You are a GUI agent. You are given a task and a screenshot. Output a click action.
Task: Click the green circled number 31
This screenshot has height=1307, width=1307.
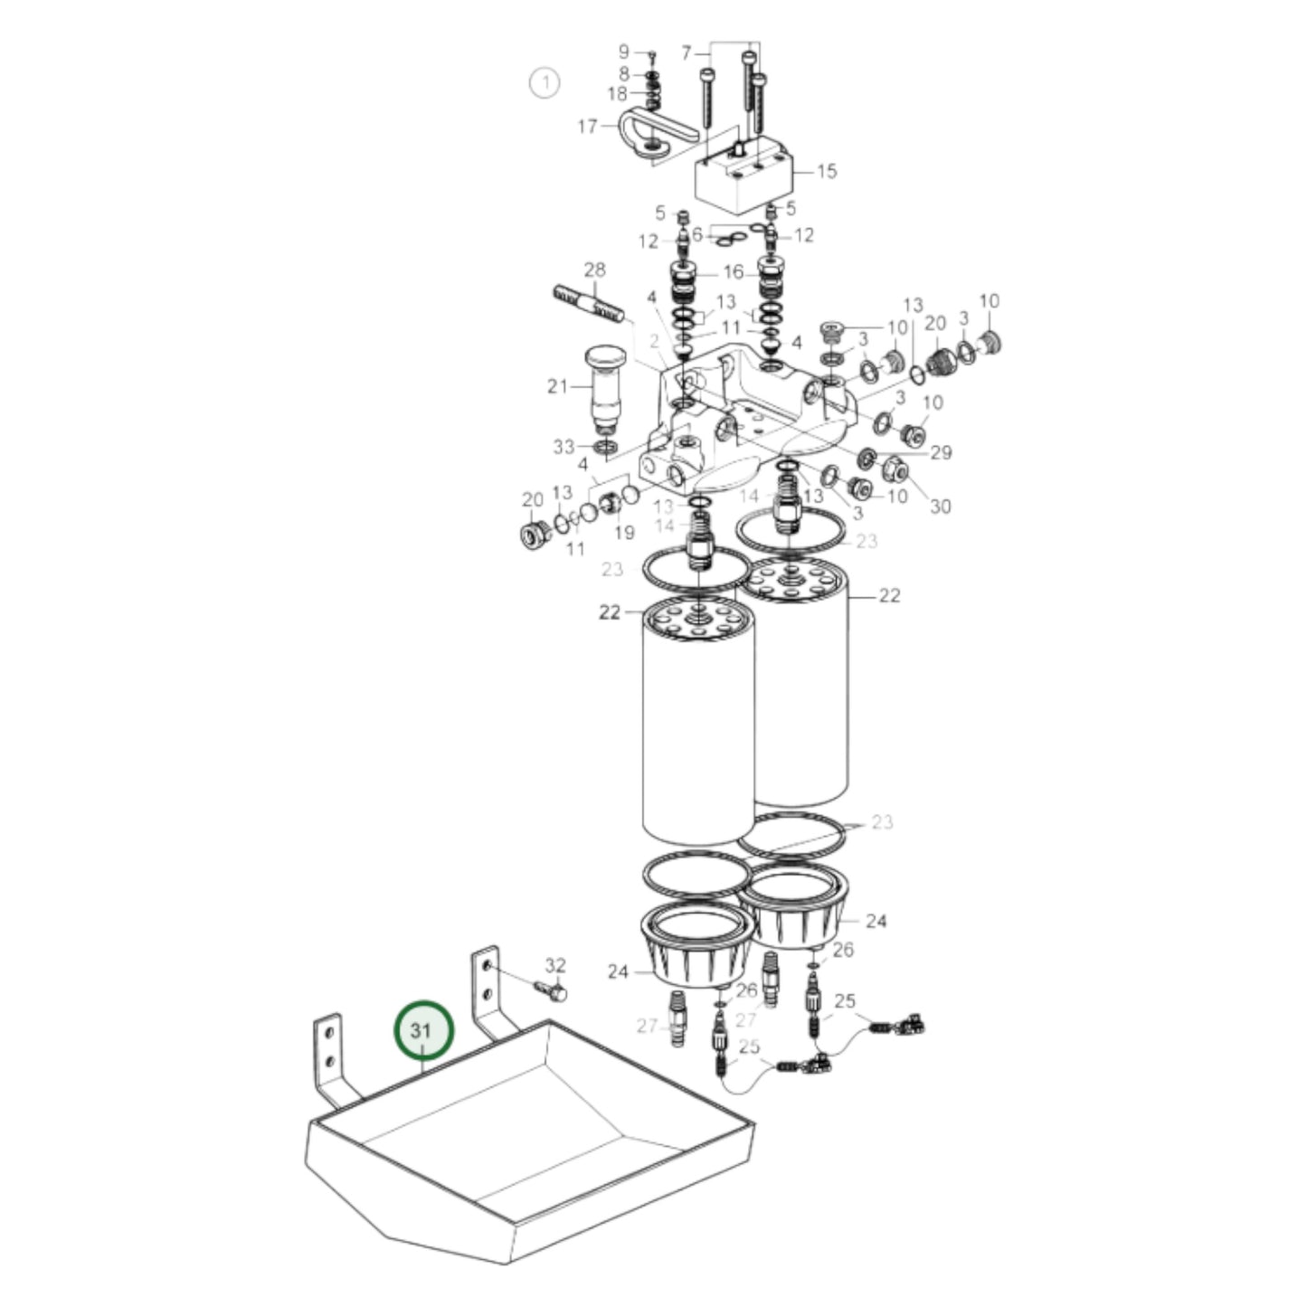(423, 1030)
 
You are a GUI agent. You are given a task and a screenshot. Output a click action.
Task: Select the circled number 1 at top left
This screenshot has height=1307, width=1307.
(545, 83)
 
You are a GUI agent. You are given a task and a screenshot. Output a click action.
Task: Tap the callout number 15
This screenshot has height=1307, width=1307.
(827, 171)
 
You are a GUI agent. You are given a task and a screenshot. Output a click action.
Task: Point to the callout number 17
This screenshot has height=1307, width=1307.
(588, 126)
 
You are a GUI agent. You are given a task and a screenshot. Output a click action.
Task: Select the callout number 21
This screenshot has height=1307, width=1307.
(557, 386)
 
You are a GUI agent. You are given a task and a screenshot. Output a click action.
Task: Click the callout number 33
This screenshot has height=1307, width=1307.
(564, 447)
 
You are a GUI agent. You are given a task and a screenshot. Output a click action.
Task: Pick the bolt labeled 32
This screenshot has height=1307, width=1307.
(551, 990)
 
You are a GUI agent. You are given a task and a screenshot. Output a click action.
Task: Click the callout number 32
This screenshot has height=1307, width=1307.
(555, 966)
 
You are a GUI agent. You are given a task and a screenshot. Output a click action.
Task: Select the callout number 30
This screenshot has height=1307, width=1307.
(941, 507)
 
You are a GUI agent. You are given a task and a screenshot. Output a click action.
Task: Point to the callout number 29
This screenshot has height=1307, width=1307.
(942, 452)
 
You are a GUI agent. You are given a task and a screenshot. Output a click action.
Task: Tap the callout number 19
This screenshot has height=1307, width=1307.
(624, 533)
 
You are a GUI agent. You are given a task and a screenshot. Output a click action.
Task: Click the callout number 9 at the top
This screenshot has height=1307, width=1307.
(623, 52)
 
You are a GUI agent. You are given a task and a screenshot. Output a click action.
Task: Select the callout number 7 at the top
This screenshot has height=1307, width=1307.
(686, 53)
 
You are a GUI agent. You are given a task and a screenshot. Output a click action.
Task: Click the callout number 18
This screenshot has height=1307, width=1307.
(617, 95)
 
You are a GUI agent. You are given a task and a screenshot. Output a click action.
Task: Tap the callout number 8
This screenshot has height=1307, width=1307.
(623, 73)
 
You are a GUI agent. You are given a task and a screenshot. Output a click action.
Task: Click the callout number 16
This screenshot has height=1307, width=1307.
(733, 271)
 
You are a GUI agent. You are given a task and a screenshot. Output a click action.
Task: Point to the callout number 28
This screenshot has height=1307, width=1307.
(594, 270)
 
